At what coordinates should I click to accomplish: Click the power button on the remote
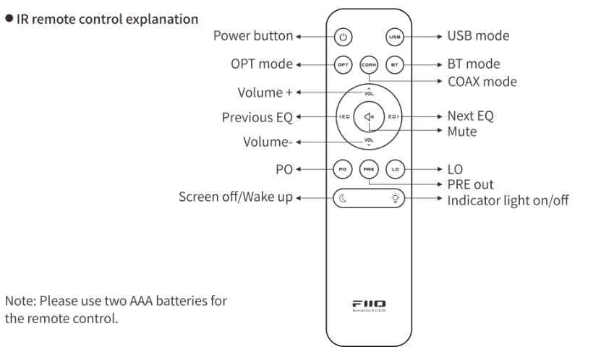[x=344, y=36]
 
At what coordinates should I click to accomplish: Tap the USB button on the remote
[x=394, y=36]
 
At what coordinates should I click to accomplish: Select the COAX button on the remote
[x=369, y=64]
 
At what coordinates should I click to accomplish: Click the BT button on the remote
[x=394, y=64]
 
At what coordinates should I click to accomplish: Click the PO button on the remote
[x=344, y=168]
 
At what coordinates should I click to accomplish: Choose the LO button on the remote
[x=394, y=168]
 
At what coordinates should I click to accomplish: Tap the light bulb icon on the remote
[x=394, y=197]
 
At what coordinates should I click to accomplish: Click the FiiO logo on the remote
[x=369, y=304]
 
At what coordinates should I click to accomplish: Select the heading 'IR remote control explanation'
[x=106, y=17]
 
